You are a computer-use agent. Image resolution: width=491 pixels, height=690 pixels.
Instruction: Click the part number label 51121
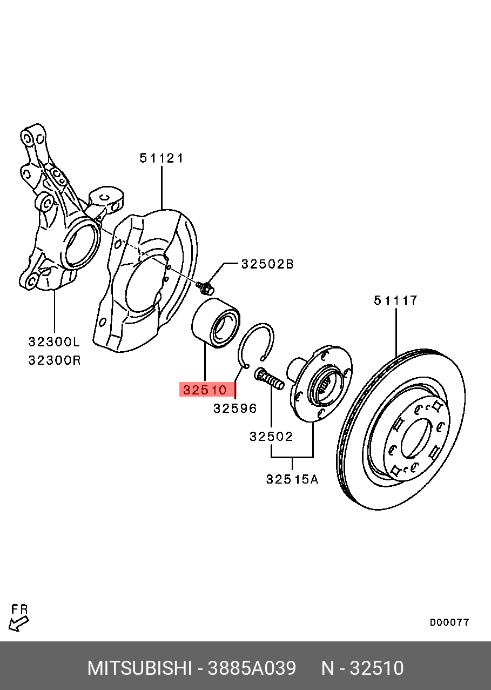coord(162,158)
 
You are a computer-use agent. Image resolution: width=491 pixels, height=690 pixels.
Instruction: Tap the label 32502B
coord(267,264)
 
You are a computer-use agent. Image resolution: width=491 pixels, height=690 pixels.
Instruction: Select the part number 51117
coord(395,300)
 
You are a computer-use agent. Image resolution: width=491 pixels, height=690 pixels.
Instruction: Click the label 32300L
coord(54,342)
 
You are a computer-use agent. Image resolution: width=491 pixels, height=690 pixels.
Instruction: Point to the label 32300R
coord(54,359)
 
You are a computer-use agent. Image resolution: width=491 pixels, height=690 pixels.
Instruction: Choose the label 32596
coord(235,408)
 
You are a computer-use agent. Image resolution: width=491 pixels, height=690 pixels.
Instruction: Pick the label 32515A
coord(292,479)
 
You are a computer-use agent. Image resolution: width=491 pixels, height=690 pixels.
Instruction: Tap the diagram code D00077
coord(449,622)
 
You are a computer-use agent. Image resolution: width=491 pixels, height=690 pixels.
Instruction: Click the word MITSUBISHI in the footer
coord(140,668)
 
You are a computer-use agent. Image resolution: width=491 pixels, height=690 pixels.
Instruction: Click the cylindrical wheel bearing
coord(216,323)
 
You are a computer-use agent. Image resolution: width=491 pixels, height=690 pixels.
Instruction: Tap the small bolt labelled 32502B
coord(204,286)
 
